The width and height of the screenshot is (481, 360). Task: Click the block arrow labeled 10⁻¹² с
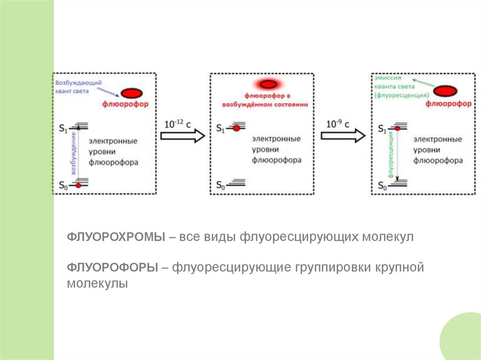pos(183,136)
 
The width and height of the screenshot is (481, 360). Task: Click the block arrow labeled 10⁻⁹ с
pos(342,136)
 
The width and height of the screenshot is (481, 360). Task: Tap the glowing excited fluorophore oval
pos(268,84)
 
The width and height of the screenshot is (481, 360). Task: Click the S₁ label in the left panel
pos(63,127)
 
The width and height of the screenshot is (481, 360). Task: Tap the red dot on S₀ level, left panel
pos(79,185)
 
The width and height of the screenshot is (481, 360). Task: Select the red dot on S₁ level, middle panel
pos(236,128)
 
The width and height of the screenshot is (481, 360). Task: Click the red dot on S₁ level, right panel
pos(397,128)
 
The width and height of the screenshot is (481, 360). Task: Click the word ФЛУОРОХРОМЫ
pos(116,237)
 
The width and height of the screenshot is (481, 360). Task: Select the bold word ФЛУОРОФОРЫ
pos(112,268)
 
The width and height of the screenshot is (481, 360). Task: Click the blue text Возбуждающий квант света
pos(78,87)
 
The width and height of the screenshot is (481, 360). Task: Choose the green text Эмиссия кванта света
pos(394,87)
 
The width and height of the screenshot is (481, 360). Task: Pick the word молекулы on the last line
pos(97,283)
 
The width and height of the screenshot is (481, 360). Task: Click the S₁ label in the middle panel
pos(221,128)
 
